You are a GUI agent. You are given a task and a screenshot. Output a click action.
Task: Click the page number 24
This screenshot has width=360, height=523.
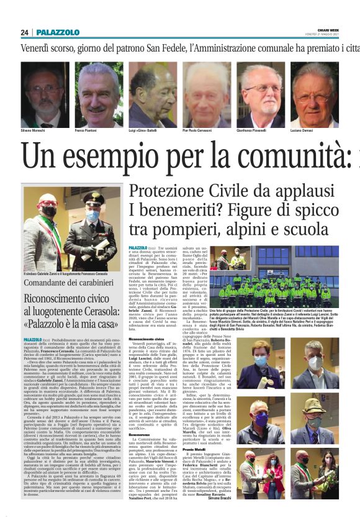(24, 32)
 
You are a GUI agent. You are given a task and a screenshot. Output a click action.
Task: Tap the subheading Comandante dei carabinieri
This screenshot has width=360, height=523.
(63, 281)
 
